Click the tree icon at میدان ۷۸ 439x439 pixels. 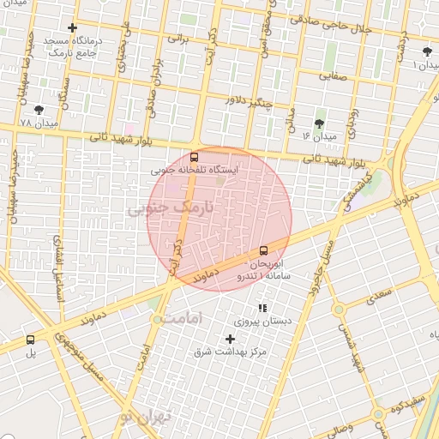click(39, 109)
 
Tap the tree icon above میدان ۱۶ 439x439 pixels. click(320, 123)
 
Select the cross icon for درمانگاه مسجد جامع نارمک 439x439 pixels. click(72, 28)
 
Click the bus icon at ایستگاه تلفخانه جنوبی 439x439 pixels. click(195, 157)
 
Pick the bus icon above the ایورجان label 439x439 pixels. click(263, 251)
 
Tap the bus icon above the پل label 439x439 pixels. click(31, 340)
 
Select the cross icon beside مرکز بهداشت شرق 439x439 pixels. click(230, 340)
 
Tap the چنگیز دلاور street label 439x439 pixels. click(248, 104)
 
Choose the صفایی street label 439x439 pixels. click(335, 75)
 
